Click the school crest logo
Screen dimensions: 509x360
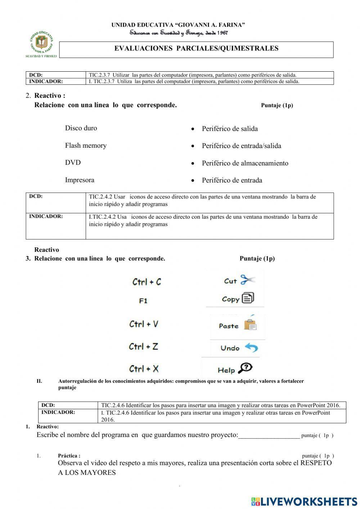click(41, 44)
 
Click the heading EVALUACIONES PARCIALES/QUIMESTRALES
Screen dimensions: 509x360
click(196, 49)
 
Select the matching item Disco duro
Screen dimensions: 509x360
click(81, 128)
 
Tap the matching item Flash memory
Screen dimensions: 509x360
click(86, 146)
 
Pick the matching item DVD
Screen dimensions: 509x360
click(73, 162)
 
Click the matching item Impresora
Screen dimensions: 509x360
click(80, 180)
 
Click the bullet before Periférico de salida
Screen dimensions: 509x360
click(193, 129)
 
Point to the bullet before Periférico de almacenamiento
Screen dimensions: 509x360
click(193, 164)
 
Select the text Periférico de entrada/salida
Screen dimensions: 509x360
click(242, 146)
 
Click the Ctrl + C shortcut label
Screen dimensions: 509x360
click(147, 282)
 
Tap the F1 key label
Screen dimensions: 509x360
click(143, 301)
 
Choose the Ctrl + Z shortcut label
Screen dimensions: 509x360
click(143, 347)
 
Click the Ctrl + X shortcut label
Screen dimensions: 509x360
click(144, 369)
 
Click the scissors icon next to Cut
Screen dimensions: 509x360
click(247, 280)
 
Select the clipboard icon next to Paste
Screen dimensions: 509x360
click(250, 325)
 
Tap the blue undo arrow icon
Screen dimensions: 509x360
click(251, 348)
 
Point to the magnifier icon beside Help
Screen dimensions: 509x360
click(246, 368)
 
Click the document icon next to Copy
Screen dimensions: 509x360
click(248, 298)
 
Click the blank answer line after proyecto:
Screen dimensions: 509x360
click(269, 436)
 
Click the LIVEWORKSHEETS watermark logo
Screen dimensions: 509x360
click(304, 501)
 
